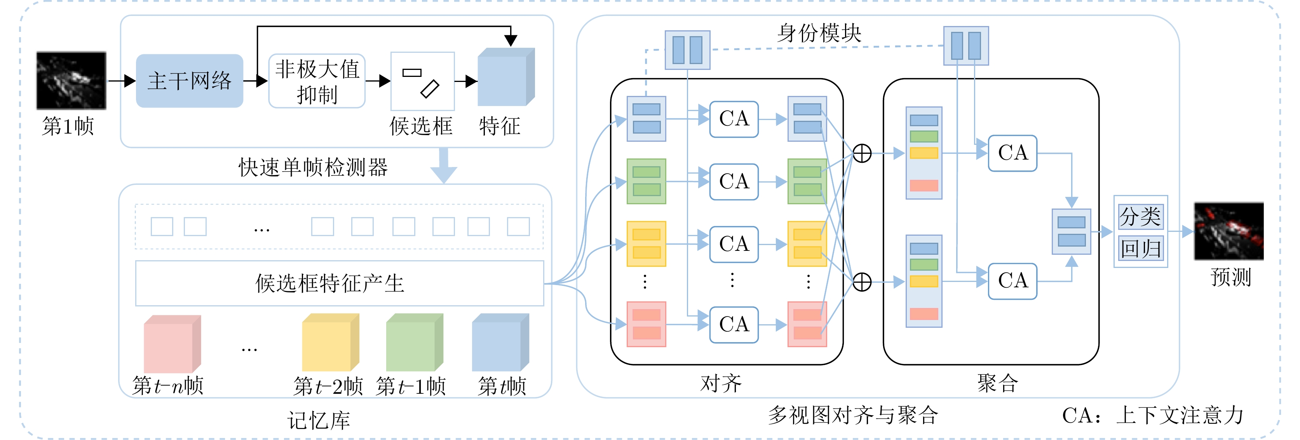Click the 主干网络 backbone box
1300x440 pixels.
coord(189,81)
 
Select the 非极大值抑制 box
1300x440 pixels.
coord(317,81)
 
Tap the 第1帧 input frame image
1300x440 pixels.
coord(71,81)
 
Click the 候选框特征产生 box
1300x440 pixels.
coord(339,283)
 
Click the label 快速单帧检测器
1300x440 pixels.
coord(313,167)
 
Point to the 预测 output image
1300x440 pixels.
coord(1229,231)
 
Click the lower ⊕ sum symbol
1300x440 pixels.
coord(862,282)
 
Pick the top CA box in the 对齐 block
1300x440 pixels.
coord(734,119)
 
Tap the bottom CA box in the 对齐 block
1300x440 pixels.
coord(734,324)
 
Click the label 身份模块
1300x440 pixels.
coord(819,33)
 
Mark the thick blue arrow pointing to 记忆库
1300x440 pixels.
coord(444,165)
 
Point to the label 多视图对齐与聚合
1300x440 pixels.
coord(853,415)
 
